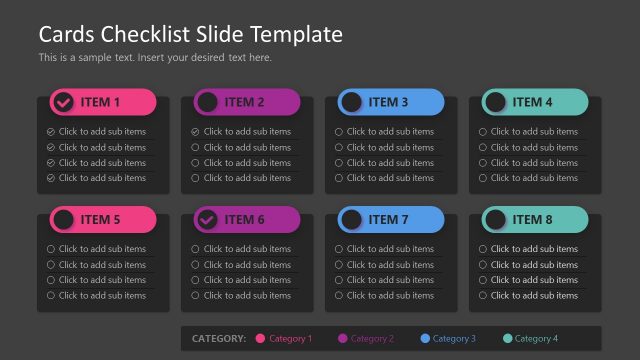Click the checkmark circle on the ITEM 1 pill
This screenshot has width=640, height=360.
63,102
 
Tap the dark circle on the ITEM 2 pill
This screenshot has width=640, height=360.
207,102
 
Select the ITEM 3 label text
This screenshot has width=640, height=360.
388,102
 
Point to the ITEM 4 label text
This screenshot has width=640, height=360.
532,102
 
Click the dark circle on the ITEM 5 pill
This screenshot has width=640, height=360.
63,220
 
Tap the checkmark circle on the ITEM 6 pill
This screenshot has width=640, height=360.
207,220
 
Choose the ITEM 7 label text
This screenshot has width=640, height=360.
388,220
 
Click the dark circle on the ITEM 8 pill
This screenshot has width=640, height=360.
495,220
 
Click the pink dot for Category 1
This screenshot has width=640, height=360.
261,339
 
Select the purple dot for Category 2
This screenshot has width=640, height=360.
343,339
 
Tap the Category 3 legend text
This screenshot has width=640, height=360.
454,339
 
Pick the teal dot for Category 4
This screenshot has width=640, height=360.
507,339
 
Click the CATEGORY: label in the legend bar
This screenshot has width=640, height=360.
218,339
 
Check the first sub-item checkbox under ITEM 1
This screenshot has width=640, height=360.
51,132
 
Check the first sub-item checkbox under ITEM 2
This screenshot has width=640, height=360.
196,132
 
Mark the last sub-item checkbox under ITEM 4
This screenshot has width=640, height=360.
483,178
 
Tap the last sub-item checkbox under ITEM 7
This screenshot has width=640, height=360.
339,296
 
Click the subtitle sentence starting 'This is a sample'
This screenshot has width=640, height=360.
155,57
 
